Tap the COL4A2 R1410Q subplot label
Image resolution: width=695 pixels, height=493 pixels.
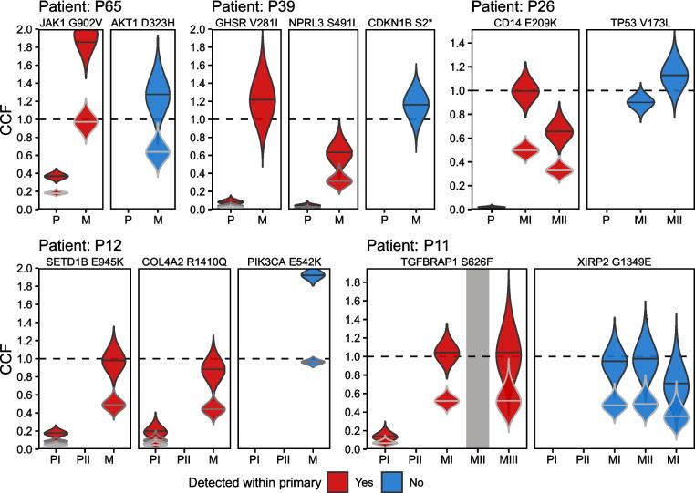(182, 261)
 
